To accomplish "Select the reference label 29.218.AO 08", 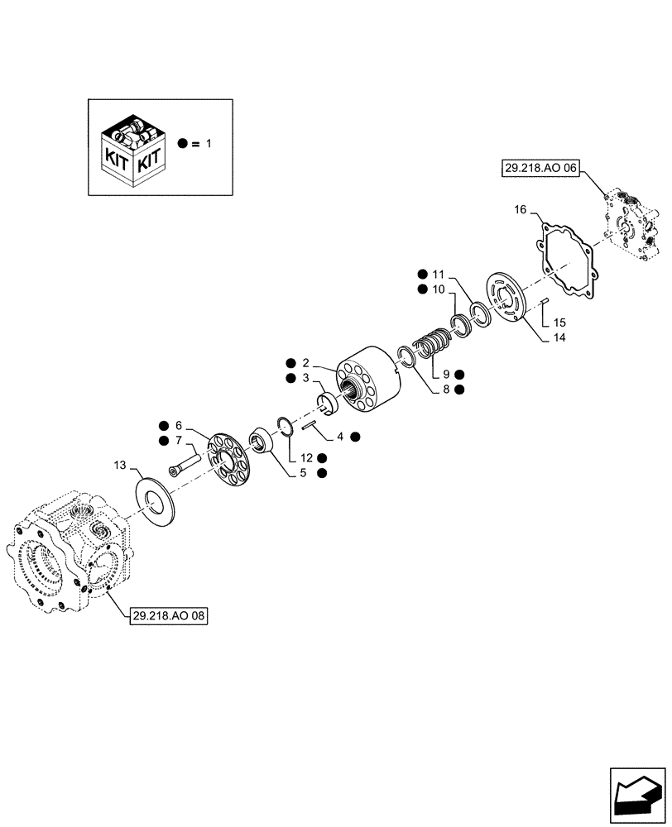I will pyautogui.click(x=168, y=616).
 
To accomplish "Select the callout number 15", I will pyautogui.click(x=560, y=322).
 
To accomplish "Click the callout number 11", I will pyautogui.click(x=439, y=274).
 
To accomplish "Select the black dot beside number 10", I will pyautogui.click(x=422, y=289).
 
